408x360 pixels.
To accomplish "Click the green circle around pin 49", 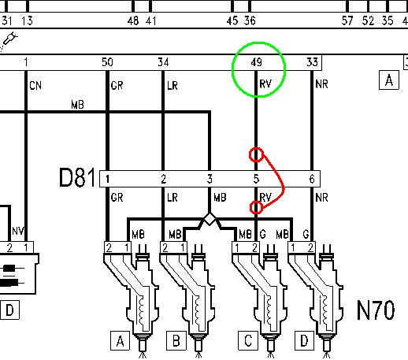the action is pyautogui.click(x=232, y=69).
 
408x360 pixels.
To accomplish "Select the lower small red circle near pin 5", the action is pyautogui.click(x=251, y=207).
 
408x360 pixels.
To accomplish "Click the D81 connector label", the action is pyautogui.click(x=77, y=178).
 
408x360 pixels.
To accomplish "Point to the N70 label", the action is pyautogui.click(x=376, y=310).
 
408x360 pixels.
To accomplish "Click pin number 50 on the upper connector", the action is pyautogui.click(x=107, y=62).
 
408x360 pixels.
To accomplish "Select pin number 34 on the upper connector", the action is pyautogui.click(x=163, y=62).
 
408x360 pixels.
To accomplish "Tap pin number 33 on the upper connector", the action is pyautogui.click(x=312, y=62).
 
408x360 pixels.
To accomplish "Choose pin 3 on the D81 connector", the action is pyautogui.click(x=210, y=179).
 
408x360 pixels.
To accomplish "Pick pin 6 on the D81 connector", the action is pyautogui.click(x=312, y=179).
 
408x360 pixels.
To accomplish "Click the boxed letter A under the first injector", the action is pyautogui.click(x=120, y=341).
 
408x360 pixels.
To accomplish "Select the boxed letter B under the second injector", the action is pyautogui.click(x=176, y=341).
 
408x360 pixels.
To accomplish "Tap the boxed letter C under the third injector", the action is pyautogui.click(x=248, y=341).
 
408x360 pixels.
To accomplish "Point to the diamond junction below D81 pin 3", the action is pyautogui.click(x=210, y=219).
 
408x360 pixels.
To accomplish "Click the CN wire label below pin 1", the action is pyautogui.click(x=35, y=86).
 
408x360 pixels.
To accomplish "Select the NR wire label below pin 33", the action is pyautogui.click(x=321, y=84).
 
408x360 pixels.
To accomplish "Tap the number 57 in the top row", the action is pyautogui.click(x=347, y=20).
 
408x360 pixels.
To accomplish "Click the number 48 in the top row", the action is pyautogui.click(x=133, y=20).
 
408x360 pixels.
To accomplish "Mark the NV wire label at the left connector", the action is pyautogui.click(x=18, y=231).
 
